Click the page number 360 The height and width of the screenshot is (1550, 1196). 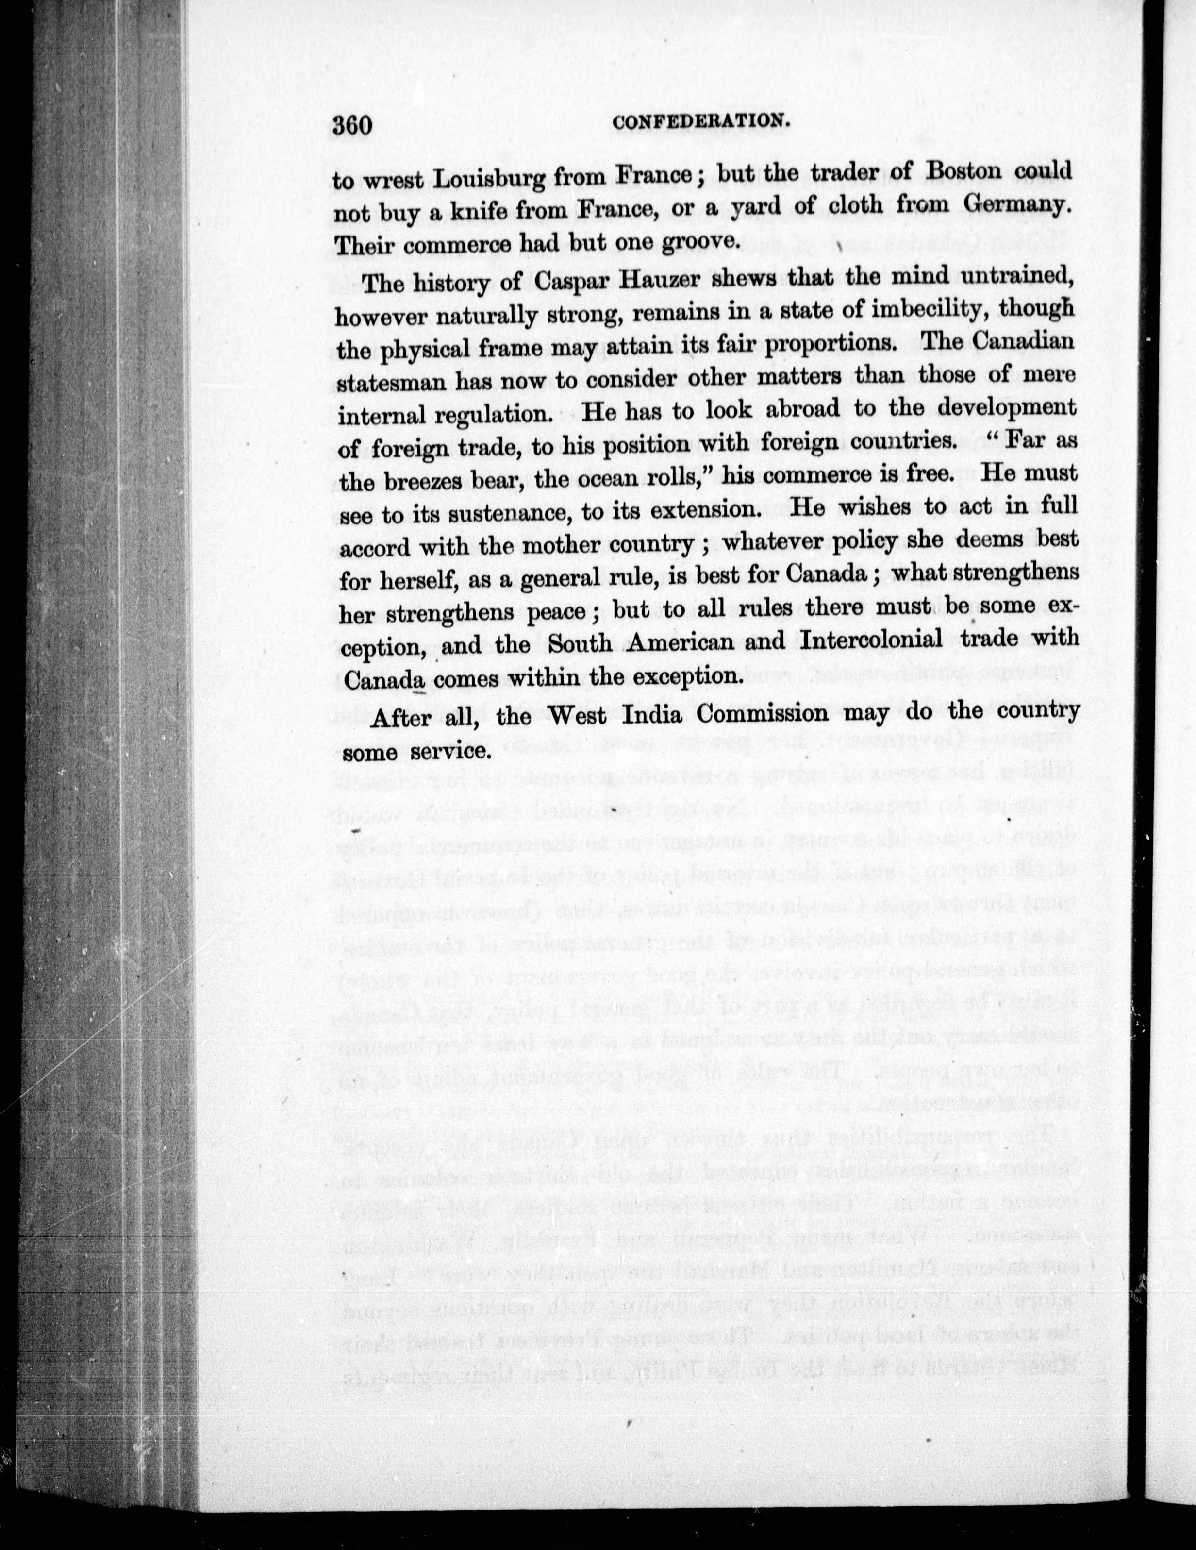click(x=352, y=126)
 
